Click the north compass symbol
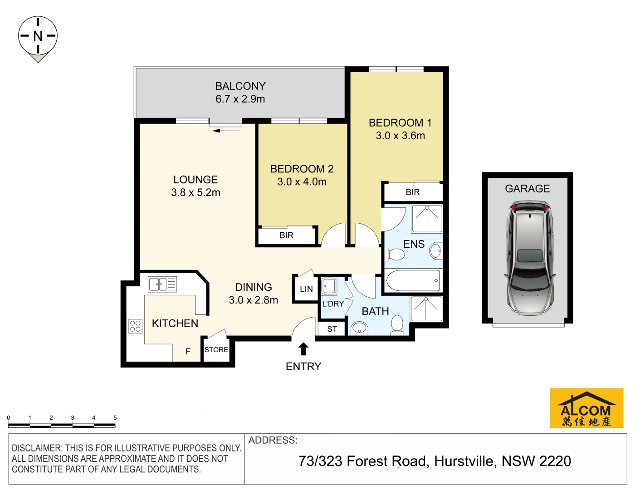pyautogui.click(x=38, y=36)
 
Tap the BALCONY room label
pyautogui.click(x=240, y=86)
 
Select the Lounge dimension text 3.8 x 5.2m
pyautogui.click(x=195, y=193)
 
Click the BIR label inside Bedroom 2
pyautogui.click(x=286, y=235)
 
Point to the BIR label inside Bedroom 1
pyautogui.click(x=412, y=192)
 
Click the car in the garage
pyautogui.click(x=529, y=260)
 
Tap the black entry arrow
pyautogui.click(x=303, y=349)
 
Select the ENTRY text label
pyautogui.click(x=303, y=367)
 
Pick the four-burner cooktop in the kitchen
pyautogui.click(x=135, y=326)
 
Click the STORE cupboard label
pyautogui.click(x=216, y=350)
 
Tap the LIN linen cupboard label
pyautogui.click(x=306, y=289)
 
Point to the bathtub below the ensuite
pyautogui.click(x=413, y=281)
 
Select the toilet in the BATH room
pyautogui.click(x=397, y=324)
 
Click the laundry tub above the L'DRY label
pyautogui.click(x=328, y=287)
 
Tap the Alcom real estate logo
pyautogui.click(x=586, y=408)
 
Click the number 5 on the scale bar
pyautogui.click(x=115, y=417)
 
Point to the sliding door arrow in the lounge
pyautogui.click(x=226, y=131)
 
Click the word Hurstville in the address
pyautogui.click(x=464, y=461)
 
